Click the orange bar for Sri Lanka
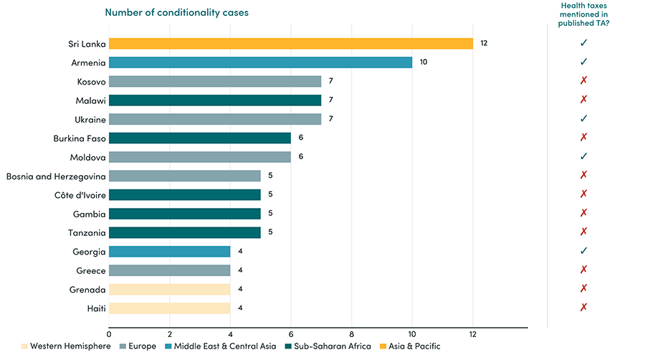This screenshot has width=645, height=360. click(x=291, y=44)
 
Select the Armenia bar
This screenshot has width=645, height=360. click(x=261, y=62)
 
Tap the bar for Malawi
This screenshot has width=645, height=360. click(x=215, y=100)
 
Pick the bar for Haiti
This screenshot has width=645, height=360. click(x=169, y=307)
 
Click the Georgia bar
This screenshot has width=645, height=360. click(x=169, y=251)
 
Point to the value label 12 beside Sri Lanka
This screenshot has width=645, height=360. click(x=484, y=44)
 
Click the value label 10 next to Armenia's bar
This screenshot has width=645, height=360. click(x=424, y=62)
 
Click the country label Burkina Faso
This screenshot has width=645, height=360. click(x=79, y=138)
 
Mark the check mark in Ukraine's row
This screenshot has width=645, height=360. click(x=583, y=118)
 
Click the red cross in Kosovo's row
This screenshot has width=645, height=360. click(x=583, y=81)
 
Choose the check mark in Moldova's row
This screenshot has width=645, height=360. click(x=583, y=156)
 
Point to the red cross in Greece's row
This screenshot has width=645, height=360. click(x=583, y=270)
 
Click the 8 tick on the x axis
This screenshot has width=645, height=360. click(x=351, y=334)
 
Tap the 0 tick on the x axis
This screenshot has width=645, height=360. click(x=109, y=334)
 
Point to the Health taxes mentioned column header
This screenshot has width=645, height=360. click(x=583, y=14)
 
